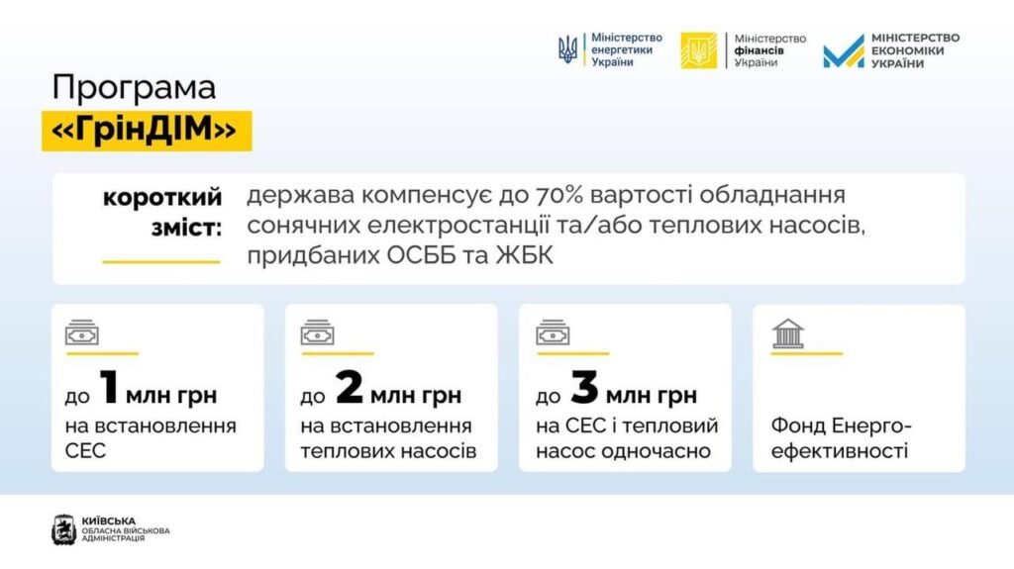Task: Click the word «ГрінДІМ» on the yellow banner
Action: (x=145, y=130)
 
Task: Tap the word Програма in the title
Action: (x=134, y=88)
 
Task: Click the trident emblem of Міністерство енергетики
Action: (x=567, y=49)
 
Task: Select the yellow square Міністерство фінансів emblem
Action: (x=698, y=49)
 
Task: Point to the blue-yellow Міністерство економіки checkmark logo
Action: (x=844, y=51)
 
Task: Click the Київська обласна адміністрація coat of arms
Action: (x=64, y=529)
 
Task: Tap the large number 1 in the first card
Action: (x=109, y=387)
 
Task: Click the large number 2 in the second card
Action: (x=350, y=387)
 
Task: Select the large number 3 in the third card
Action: (x=584, y=387)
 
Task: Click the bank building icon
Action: (x=787, y=333)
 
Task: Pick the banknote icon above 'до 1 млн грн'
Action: (x=81, y=333)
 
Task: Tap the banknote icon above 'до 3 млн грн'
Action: (x=553, y=333)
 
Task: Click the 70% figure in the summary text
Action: (x=560, y=195)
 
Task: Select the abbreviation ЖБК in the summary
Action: (x=525, y=256)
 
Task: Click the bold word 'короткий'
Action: (x=162, y=198)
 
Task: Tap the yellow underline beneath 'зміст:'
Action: (x=161, y=262)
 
